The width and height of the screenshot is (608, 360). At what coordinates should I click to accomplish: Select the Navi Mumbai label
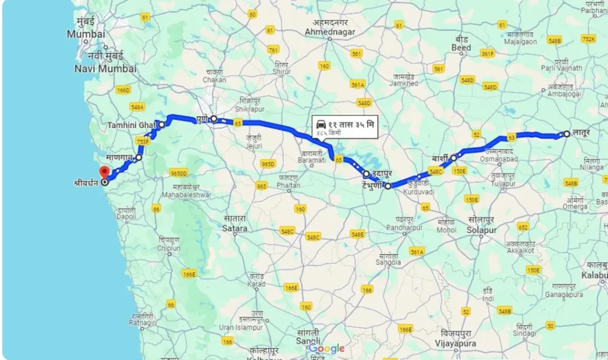(x=105, y=68)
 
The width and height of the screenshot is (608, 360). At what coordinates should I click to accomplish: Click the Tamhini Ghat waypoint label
(x=131, y=125)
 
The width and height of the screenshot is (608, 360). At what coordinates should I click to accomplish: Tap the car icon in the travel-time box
(x=321, y=124)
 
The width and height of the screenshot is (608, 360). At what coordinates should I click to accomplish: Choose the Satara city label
(x=234, y=228)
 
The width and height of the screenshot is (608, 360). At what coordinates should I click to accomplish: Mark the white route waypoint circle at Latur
(x=567, y=134)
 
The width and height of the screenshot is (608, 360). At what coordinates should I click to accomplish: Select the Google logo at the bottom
(x=326, y=348)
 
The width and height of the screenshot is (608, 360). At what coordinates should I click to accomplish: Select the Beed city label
(x=461, y=47)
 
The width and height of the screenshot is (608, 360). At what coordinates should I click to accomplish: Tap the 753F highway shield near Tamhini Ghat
(x=142, y=141)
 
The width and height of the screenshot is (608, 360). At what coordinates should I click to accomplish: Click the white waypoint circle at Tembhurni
(x=388, y=186)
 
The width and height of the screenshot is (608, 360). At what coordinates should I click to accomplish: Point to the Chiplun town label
(x=169, y=248)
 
